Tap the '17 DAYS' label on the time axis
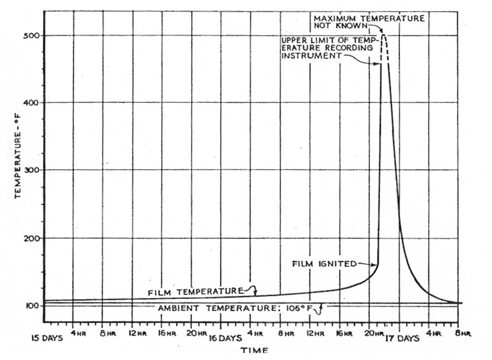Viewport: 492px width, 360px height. click(402, 338)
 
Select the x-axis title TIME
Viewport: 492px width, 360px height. click(255, 351)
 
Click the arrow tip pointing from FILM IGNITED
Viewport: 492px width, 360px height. click(377, 265)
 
